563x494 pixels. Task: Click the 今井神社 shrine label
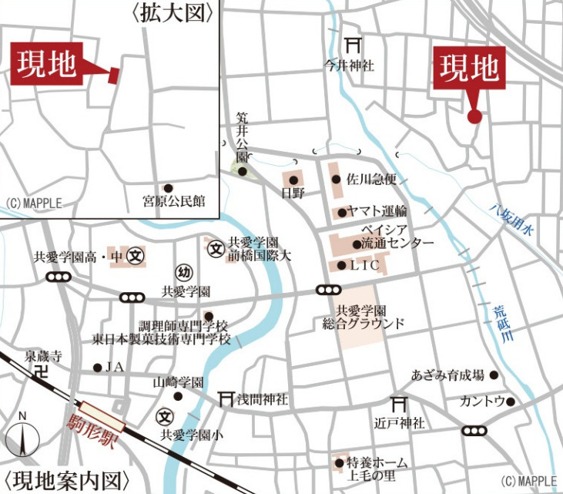click(349, 66)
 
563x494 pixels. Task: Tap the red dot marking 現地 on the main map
click(474, 116)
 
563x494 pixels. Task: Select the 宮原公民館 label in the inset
click(174, 202)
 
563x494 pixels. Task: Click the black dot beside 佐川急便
click(336, 180)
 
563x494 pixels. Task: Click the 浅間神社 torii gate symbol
click(225, 398)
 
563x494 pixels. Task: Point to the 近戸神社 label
click(400, 423)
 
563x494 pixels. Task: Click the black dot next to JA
click(97, 368)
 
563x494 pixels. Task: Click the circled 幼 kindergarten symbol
click(183, 273)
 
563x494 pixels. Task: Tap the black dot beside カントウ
click(511, 402)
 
